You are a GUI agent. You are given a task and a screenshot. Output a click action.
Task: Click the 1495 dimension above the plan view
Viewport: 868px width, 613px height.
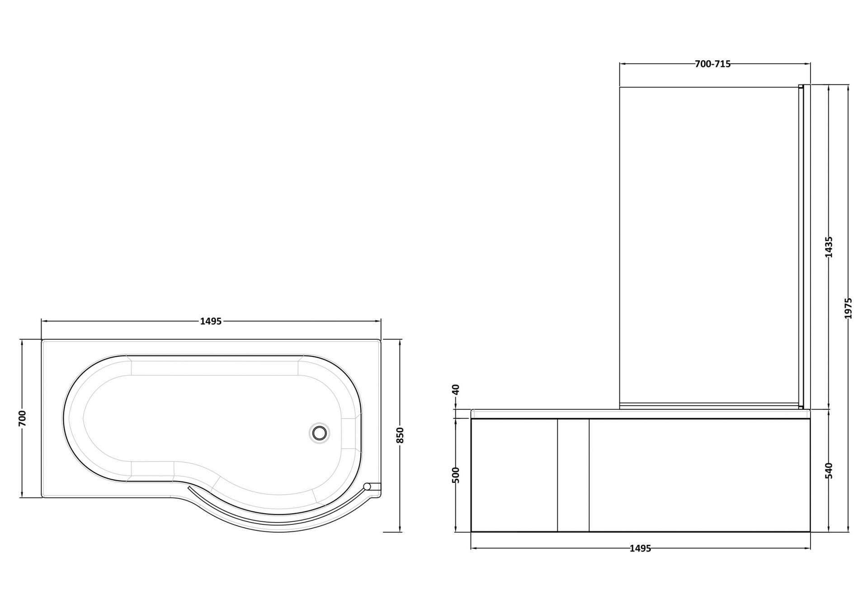point(211,321)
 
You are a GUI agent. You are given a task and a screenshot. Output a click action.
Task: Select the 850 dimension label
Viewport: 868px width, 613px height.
point(400,435)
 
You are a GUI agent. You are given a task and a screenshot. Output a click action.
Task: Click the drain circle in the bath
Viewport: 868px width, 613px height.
point(320,432)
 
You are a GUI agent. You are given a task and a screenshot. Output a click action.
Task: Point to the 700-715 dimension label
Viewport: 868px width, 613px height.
point(712,64)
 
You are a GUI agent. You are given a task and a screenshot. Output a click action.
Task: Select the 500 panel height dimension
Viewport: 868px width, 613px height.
point(455,475)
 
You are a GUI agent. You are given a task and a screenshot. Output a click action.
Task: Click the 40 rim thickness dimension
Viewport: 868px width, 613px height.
point(455,389)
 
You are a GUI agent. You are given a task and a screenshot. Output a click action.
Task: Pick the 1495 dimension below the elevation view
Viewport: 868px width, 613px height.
point(640,548)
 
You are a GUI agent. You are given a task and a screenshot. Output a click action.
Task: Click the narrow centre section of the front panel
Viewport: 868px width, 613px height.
point(573,475)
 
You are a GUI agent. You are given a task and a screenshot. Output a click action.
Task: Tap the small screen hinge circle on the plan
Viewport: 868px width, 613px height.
point(368,486)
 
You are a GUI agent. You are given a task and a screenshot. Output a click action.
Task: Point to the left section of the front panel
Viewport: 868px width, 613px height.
point(514,475)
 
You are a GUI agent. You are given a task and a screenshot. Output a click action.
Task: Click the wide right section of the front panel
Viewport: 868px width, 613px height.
point(699,475)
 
